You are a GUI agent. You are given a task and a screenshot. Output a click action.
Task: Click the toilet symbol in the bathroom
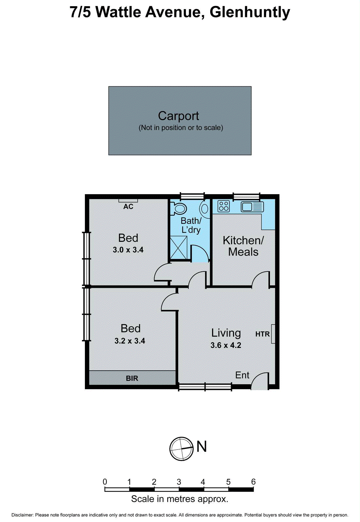point(178,208)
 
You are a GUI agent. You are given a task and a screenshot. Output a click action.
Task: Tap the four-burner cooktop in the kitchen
point(224,206)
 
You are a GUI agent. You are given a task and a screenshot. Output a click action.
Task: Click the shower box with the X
point(179,248)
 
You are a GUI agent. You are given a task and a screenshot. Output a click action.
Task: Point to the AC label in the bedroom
point(128,207)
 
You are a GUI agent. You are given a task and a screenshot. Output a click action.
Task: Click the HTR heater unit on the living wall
point(273,334)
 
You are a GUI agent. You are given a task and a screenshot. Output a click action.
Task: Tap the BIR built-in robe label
point(132,378)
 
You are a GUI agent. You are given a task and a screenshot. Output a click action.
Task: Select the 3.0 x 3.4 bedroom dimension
point(128,250)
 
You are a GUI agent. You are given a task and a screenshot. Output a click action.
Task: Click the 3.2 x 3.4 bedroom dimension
point(130,341)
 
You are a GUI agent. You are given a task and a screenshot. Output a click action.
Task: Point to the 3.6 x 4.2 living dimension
point(226,345)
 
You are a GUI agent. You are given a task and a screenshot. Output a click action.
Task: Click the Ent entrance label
point(242,375)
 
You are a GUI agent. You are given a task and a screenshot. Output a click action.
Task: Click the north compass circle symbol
point(181,449)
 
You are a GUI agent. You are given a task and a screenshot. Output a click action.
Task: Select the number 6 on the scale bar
point(253,482)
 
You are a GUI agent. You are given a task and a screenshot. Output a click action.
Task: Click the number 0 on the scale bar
point(105,482)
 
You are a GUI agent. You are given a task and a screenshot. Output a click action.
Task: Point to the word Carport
point(179,116)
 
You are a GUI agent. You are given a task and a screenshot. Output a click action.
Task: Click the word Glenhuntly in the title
point(250,12)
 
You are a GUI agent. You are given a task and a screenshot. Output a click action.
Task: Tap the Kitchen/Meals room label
point(243,246)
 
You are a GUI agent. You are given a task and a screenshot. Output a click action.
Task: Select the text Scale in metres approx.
point(180,499)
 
